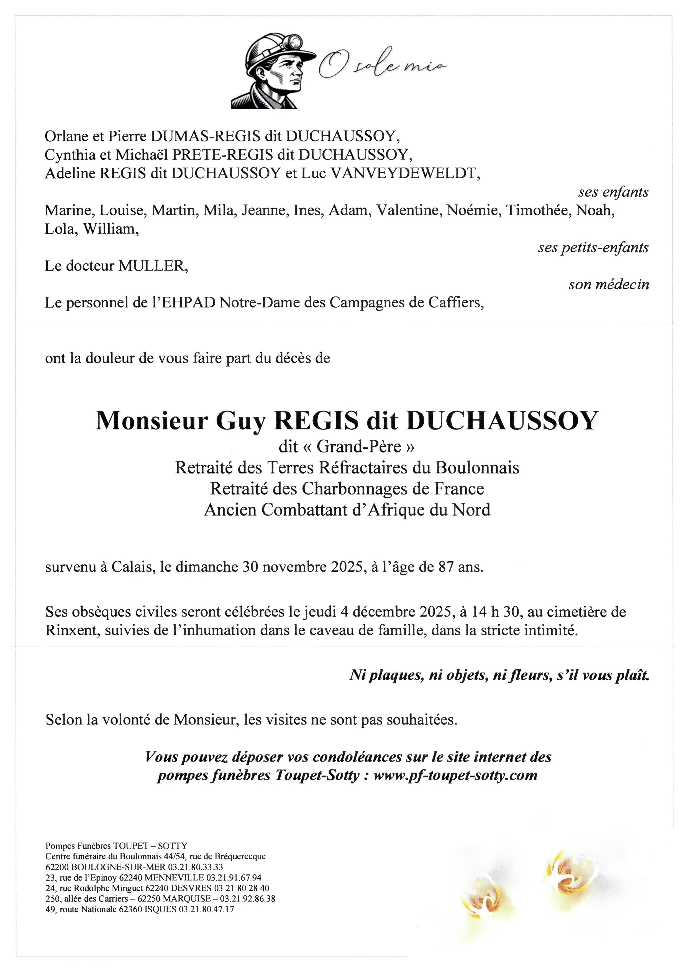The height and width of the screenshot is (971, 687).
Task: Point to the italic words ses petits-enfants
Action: pyautogui.click(x=593, y=248)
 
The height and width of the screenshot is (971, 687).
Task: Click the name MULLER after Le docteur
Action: pyautogui.click(x=153, y=266)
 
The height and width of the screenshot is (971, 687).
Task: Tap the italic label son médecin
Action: pyautogui.click(x=608, y=285)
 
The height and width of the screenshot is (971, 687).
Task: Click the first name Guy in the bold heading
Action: pyautogui.click(x=242, y=421)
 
